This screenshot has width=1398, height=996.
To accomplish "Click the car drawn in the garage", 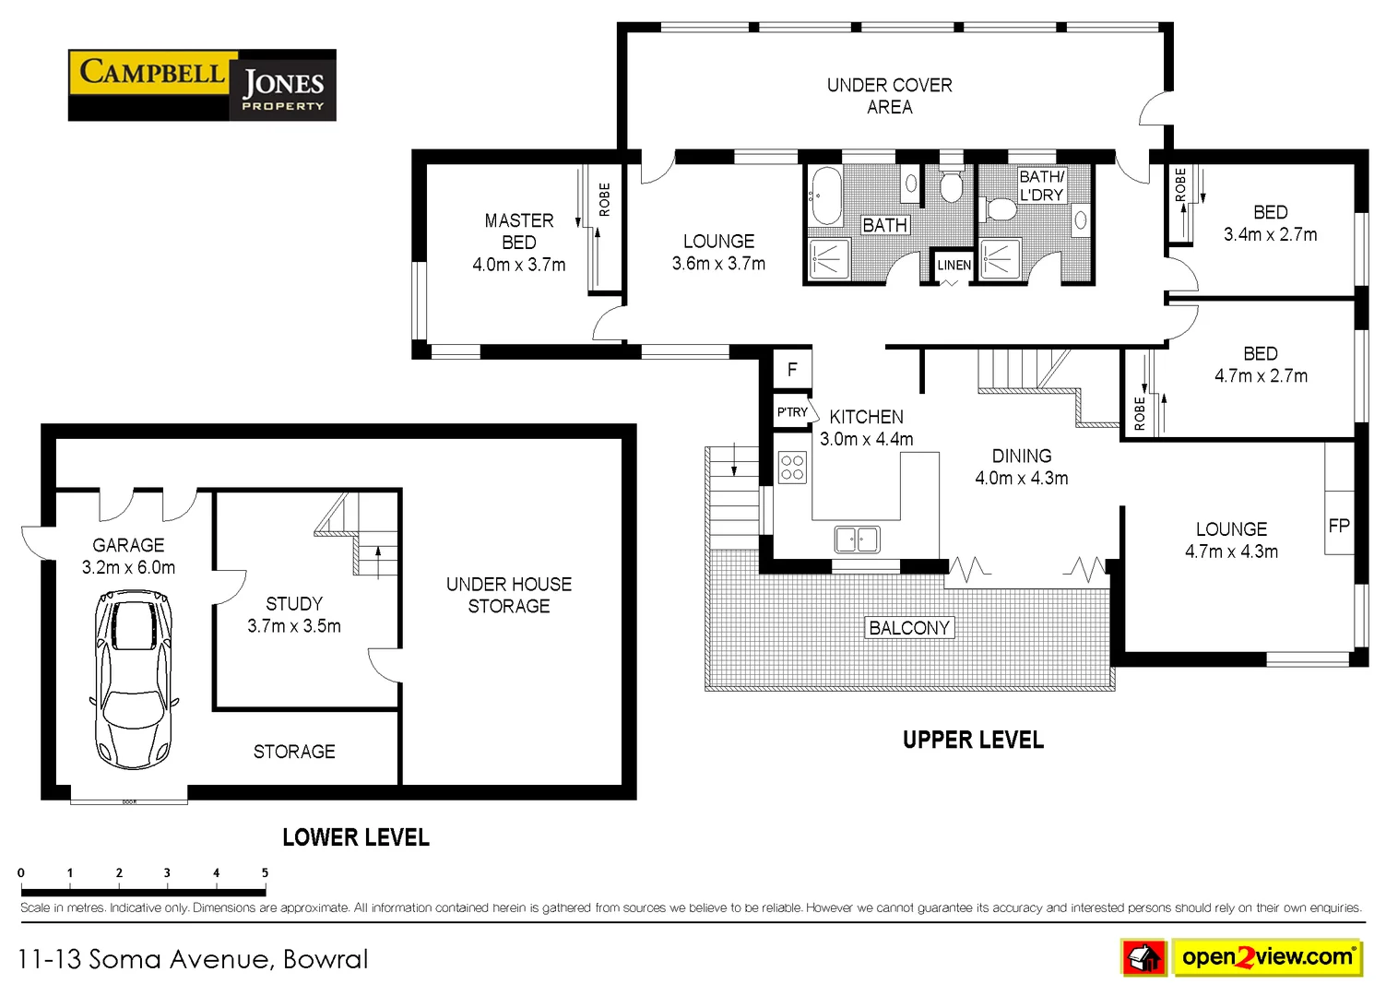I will pyautogui.click(x=135, y=680).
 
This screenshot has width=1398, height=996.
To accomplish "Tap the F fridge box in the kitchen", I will pyautogui.click(x=791, y=370).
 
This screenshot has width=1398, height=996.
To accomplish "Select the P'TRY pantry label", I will pyautogui.click(x=792, y=412).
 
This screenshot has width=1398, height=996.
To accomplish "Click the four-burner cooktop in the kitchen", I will pyautogui.click(x=792, y=468).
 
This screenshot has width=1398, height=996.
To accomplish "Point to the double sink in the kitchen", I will pyautogui.click(x=857, y=539).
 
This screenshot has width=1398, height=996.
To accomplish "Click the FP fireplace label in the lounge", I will pyautogui.click(x=1339, y=526).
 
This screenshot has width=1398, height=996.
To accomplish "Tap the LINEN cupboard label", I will pyautogui.click(x=954, y=265).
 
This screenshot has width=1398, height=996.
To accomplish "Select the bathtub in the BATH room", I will pyautogui.click(x=824, y=196).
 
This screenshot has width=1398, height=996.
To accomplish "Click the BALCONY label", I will pyautogui.click(x=909, y=628).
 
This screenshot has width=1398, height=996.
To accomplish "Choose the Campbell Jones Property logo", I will pyautogui.click(x=202, y=85).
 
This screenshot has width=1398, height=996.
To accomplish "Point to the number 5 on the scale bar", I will pyautogui.click(x=265, y=872).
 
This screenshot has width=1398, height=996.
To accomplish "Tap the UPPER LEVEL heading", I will pyautogui.click(x=973, y=740).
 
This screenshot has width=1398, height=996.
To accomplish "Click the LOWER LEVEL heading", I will pyautogui.click(x=355, y=837).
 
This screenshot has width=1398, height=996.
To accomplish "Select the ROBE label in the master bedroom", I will pyautogui.click(x=605, y=199).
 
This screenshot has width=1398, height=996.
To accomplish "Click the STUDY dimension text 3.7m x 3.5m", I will pyautogui.click(x=294, y=626).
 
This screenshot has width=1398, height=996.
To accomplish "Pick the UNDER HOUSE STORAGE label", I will pyautogui.click(x=509, y=595).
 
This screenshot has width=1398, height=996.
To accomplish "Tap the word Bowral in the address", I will pyautogui.click(x=326, y=959).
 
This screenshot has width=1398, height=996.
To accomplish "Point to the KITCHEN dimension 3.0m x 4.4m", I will pyautogui.click(x=867, y=439).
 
